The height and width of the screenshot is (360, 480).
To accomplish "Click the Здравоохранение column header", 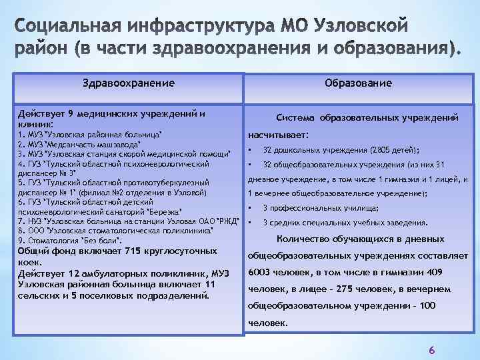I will coord(129,83).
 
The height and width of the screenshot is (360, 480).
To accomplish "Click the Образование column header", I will coord(358,83).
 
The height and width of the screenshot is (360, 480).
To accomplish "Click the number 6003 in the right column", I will coord(262,272).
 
